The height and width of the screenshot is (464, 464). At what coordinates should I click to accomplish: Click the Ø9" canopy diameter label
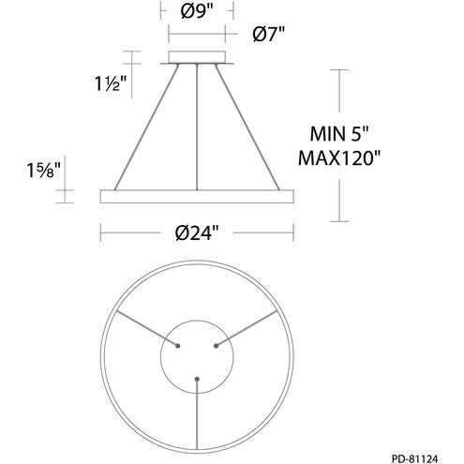pyautogui.click(x=197, y=12)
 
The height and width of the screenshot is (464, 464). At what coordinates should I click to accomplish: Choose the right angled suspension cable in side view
pyautogui.click(x=247, y=127)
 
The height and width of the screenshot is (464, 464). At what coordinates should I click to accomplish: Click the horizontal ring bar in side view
pyautogui.click(x=197, y=195)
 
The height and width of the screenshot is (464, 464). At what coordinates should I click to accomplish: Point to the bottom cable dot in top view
pyautogui.click(x=197, y=379)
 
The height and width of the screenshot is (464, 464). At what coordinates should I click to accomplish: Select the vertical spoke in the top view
pyautogui.click(x=197, y=412)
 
